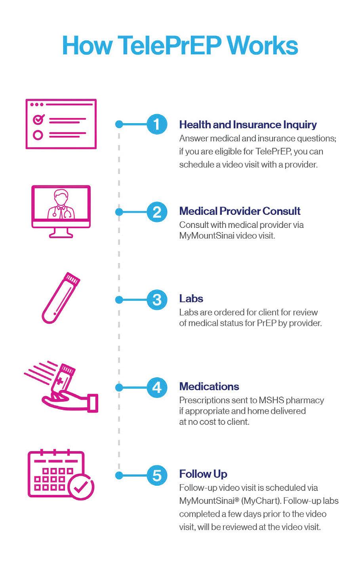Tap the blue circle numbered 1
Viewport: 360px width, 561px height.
coord(157,124)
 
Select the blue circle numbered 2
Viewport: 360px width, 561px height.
coord(157,212)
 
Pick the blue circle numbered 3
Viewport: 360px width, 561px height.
coord(157,300)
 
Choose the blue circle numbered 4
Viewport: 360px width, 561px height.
coord(157,387)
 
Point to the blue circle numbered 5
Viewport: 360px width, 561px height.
coord(157,475)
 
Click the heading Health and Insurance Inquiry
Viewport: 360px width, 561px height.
coord(248,124)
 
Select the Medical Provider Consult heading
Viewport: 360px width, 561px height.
coord(240,211)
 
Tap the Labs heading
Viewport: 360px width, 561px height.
coord(191,298)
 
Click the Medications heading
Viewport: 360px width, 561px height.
coord(209,386)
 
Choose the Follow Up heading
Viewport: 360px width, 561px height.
coord(203,474)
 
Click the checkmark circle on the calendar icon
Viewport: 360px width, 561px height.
coord(81,486)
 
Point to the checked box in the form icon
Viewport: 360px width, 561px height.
coord(38,118)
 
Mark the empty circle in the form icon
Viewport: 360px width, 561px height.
coord(38,135)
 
